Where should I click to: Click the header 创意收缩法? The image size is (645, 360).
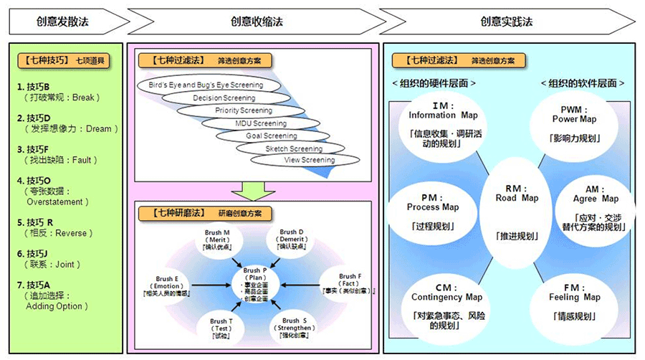[256, 22]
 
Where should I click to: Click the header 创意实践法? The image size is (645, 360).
[506, 22]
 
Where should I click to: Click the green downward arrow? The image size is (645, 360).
[252, 190]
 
